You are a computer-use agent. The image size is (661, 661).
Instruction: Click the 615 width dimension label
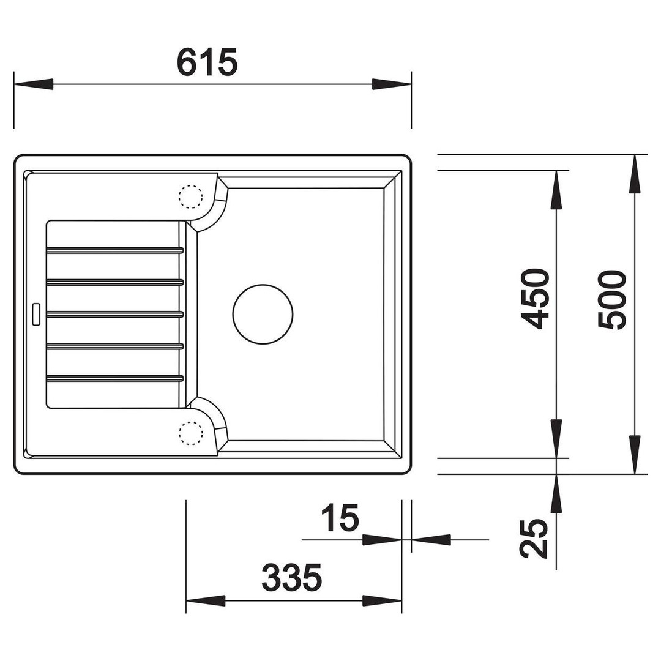pyautogui.click(x=207, y=62)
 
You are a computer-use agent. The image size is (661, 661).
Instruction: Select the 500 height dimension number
pyautogui.click(x=612, y=300)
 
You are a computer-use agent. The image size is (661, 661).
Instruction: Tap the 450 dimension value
pyautogui.click(x=535, y=299)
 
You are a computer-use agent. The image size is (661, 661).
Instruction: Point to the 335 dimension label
pyautogui.click(x=292, y=578)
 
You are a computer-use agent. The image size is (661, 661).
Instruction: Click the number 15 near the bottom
pyautogui.click(x=340, y=517)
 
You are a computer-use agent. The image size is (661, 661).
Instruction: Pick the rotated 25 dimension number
pyautogui.click(x=534, y=538)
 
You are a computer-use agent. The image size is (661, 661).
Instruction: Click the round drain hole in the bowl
pyautogui.click(x=263, y=314)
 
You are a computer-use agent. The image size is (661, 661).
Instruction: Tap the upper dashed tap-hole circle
pyautogui.click(x=190, y=196)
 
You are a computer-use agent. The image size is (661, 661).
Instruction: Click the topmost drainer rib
pyautogui.click(x=114, y=250)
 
